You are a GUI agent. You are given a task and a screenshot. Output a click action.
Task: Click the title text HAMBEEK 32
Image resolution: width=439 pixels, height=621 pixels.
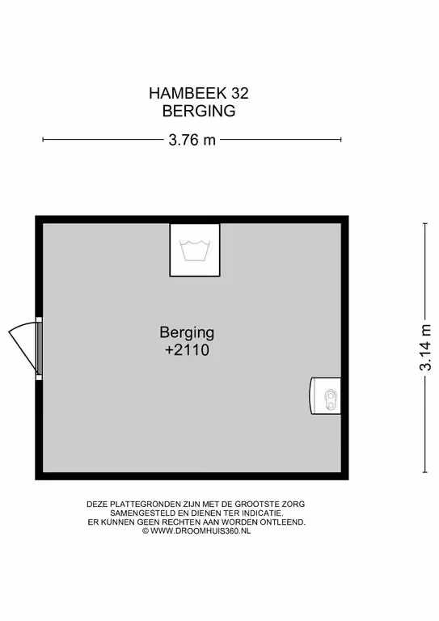pyautogui.click(x=199, y=94)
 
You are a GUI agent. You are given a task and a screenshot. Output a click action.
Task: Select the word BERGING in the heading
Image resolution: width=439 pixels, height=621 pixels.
pyautogui.click(x=199, y=111)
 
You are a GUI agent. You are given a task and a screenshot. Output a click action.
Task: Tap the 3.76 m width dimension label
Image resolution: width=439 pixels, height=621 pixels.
pyautogui.click(x=192, y=140)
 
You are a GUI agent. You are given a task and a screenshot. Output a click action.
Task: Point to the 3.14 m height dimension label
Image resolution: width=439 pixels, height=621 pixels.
pyautogui.click(x=425, y=348)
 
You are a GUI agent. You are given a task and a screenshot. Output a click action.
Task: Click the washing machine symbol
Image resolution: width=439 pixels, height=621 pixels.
pyautogui.click(x=195, y=250)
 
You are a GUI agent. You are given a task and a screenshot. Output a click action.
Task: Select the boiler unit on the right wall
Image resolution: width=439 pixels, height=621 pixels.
pyautogui.click(x=325, y=396)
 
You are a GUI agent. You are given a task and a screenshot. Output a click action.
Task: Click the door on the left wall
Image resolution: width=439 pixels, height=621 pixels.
pyautogui.click(x=26, y=349)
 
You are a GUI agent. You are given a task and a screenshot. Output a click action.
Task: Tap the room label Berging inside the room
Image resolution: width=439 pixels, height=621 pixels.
pyautogui.click(x=187, y=332)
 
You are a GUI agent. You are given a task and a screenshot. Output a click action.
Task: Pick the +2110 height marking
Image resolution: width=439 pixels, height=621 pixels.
pyautogui.click(x=187, y=350)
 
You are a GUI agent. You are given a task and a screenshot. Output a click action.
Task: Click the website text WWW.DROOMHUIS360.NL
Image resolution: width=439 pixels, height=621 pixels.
pyautogui.click(x=201, y=531)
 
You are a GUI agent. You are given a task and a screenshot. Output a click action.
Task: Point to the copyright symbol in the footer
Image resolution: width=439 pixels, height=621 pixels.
pyautogui.click(x=146, y=531)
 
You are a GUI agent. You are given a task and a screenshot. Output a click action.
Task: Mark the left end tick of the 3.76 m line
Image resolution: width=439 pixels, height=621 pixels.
pyautogui.click(x=43, y=139)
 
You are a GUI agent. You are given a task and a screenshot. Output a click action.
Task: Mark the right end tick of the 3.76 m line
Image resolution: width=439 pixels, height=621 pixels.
pyautogui.click(x=341, y=139)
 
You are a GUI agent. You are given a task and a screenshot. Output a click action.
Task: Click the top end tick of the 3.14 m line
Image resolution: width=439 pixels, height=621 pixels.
pyautogui.click(x=425, y=224)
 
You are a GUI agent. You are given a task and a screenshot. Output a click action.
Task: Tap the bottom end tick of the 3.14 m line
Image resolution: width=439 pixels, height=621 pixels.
pyautogui.click(x=425, y=472)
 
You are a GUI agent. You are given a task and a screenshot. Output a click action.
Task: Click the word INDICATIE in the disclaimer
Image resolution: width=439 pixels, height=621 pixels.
pyautogui.click(x=264, y=513)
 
